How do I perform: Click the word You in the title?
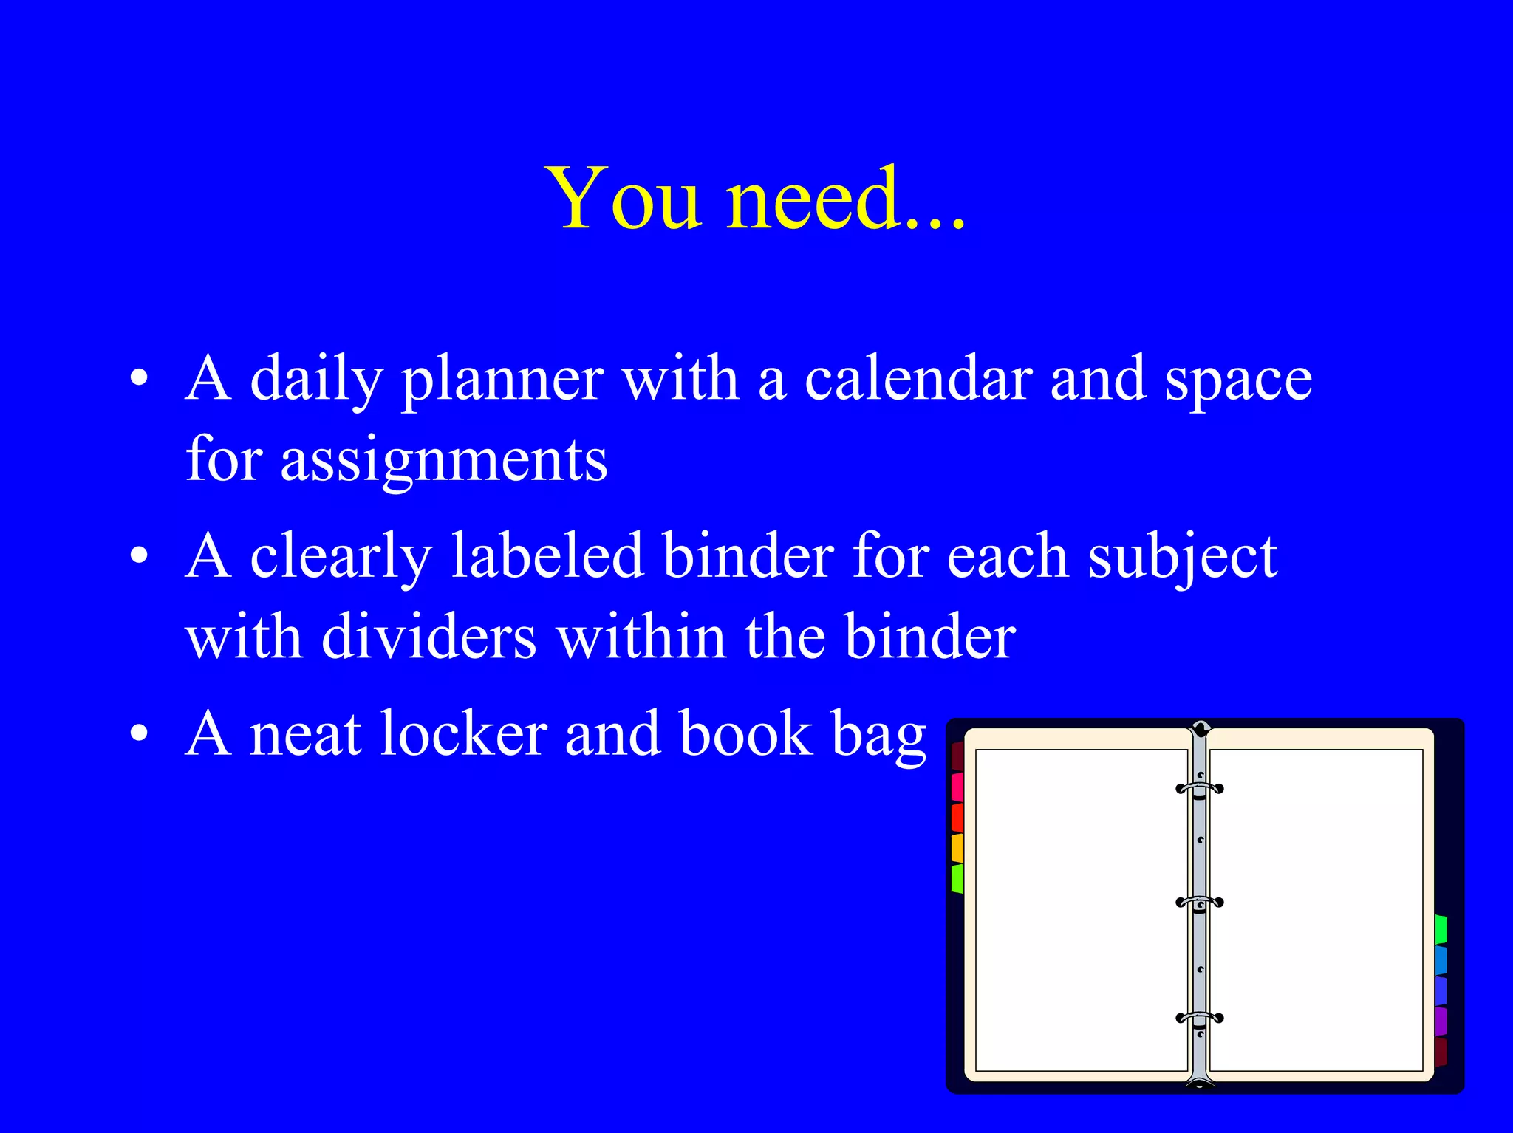[x=622, y=198]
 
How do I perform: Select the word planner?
[x=502, y=380]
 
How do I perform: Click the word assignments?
[x=443, y=461]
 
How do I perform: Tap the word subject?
[x=1182, y=558]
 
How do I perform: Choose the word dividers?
[x=428, y=637]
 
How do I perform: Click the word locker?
[x=463, y=734]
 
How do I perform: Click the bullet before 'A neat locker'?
[x=139, y=733]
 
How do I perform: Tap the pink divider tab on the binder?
[x=957, y=787]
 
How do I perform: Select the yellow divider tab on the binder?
[x=957, y=848]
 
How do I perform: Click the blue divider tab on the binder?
[x=1441, y=960]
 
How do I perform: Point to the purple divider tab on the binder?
[x=1441, y=1021]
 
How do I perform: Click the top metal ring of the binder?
[x=1199, y=788]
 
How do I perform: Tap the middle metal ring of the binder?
[x=1199, y=902]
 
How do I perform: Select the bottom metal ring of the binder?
[x=1199, y=1018]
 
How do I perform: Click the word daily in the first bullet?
[x=315, y=380]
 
